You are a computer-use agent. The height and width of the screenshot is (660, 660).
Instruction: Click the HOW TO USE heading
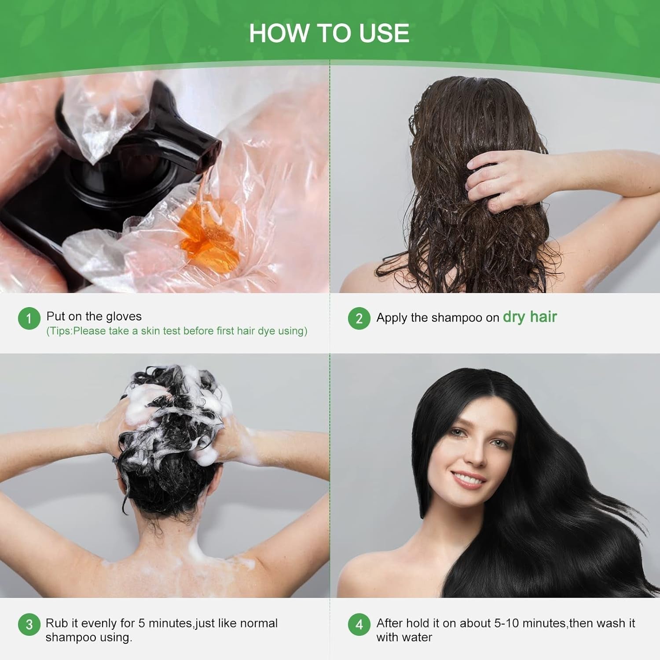(329, 33)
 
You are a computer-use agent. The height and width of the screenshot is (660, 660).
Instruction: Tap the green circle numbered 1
(29, 318)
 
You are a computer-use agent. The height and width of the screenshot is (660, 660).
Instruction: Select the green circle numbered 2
(359, 318)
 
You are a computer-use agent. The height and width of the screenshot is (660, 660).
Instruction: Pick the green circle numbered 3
(29, 625)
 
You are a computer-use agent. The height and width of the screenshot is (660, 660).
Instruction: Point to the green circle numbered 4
(359, 625)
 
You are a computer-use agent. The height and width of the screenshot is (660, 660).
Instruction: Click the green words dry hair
(530, 317)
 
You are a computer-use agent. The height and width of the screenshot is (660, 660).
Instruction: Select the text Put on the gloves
(94, 316)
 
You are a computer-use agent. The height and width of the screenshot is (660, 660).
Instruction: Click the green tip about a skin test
(177, 331)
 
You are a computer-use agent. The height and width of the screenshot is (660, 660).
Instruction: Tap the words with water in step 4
(404, 637)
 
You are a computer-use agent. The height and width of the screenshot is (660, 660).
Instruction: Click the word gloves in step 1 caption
(124, 316)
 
